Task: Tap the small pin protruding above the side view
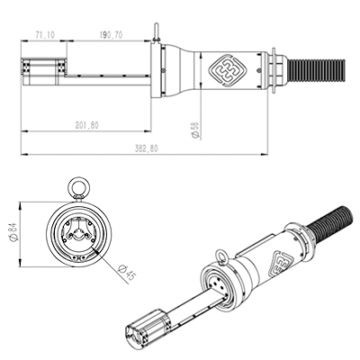coord(157,36)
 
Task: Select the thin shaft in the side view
coord(108,73)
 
